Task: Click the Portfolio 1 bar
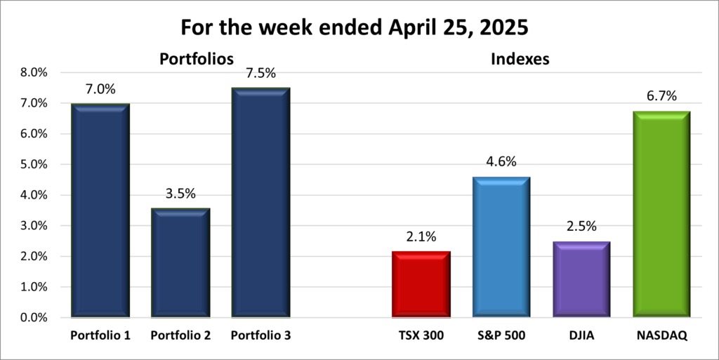pos(100,211)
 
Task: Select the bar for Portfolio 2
pos(180,263)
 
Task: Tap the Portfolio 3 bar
pos(260,204)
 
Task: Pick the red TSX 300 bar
pos(421,284)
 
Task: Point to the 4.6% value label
pos(501,162)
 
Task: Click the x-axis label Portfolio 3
pos(260,336)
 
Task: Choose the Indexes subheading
pos(520,60)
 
